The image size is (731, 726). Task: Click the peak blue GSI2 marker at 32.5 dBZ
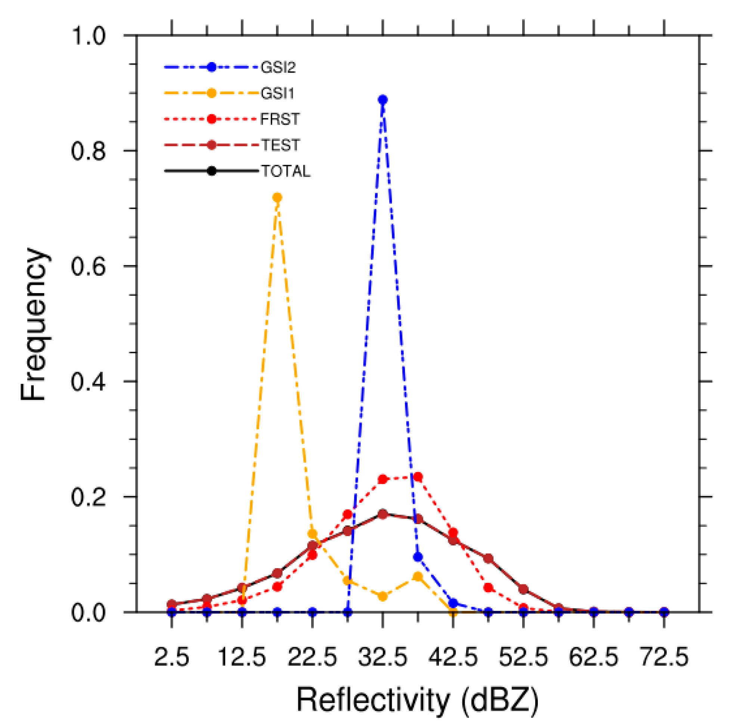point(382,100)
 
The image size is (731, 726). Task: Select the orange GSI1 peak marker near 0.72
point(277,197)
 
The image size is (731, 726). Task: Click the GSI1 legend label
point(277,93)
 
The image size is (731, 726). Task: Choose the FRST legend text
point(280,119)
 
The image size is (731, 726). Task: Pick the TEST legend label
point(281,145)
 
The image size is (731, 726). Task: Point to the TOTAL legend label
point(286,171)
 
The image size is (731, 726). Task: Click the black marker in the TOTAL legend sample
point(212,171)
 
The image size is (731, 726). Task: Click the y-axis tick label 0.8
point(88,151)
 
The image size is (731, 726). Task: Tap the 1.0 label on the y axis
point(88,36)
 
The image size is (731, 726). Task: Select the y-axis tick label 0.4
point(88,381)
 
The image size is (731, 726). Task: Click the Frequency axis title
point(33,324)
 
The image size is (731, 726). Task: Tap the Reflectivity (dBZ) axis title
point(417,700)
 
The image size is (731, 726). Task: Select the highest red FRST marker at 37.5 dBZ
point(418,477)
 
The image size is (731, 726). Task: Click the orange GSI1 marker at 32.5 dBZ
point(382,596)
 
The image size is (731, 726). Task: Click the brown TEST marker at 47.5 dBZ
point(488,559)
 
